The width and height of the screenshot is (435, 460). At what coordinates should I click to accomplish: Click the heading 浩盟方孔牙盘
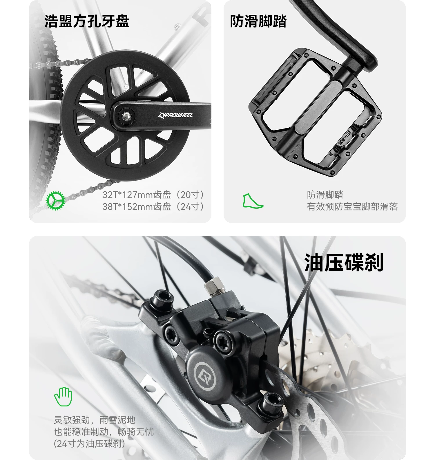(x=87, y=21)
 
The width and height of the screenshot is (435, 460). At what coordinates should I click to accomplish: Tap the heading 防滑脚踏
(x=258, y=21)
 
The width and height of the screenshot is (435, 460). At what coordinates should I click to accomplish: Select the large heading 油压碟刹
(x=344, y=262)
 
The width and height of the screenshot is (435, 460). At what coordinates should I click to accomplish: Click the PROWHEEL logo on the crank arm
(x=175, y=115)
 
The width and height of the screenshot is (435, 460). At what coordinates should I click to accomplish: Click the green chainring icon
(x=55, y=200)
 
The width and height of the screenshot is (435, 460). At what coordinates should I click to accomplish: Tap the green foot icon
(x=253, y=201)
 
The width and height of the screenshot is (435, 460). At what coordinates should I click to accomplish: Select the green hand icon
(x=63, y=396)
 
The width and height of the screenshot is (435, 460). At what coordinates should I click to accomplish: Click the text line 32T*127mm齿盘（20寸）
(x=154, y=195)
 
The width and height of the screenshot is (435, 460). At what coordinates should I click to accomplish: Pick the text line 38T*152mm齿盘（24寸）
(x=154, y=207)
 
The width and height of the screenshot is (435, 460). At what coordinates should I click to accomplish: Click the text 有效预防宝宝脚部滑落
(x=352, y=207)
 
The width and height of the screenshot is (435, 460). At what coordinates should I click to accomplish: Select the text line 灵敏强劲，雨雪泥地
(x=95, y=420)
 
